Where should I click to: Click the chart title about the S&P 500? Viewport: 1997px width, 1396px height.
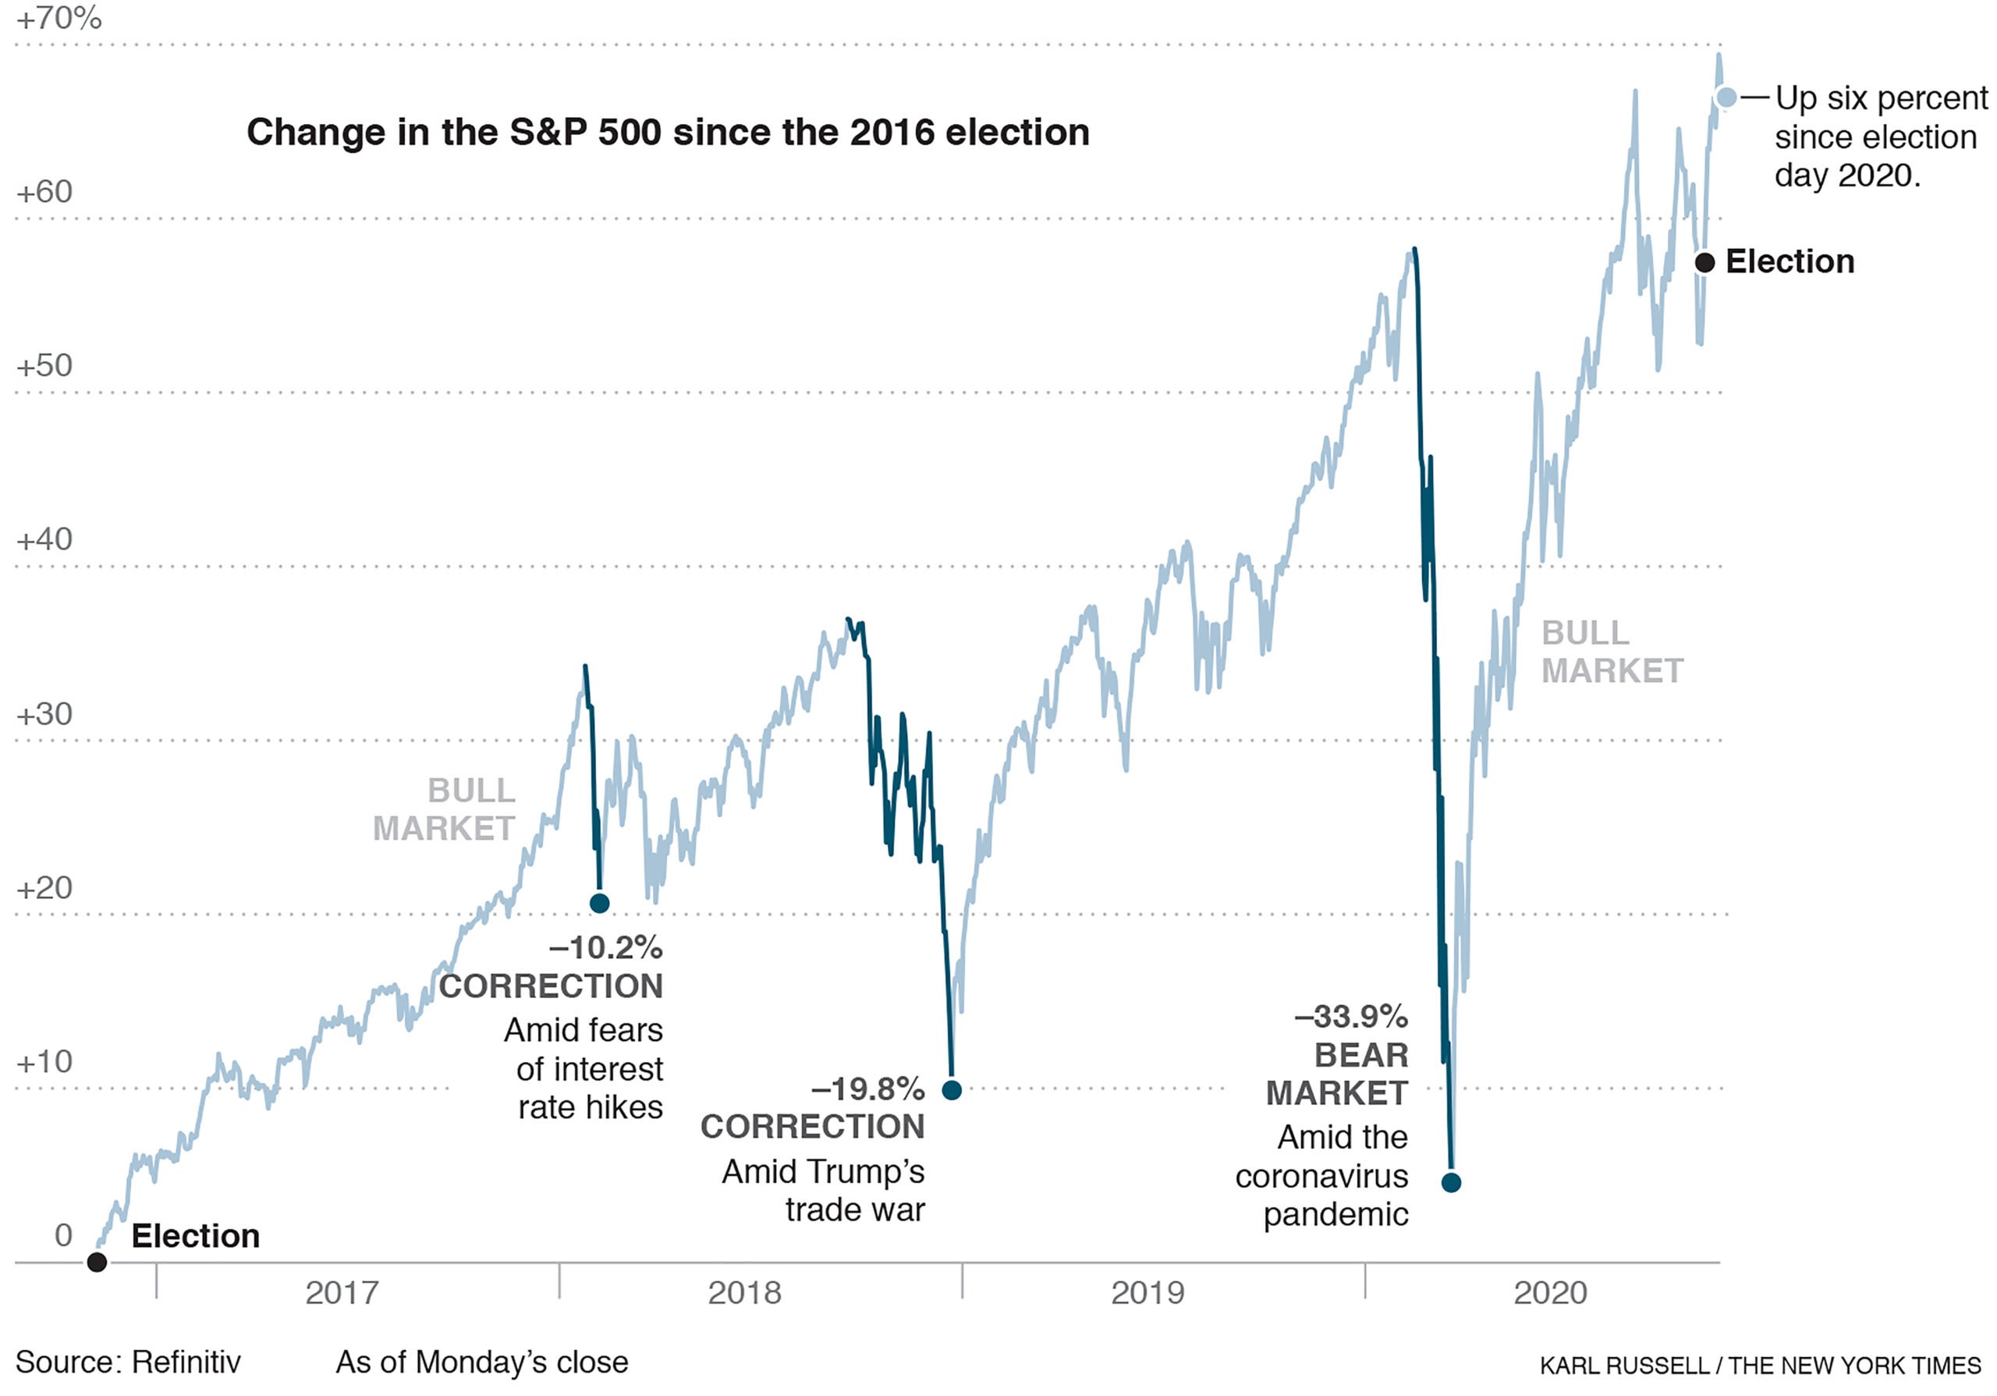(667, 132)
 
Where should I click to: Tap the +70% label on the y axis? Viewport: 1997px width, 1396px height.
(59, 18)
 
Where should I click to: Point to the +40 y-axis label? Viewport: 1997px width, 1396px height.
(44, 539)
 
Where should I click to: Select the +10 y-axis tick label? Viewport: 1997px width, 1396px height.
(44, 1061)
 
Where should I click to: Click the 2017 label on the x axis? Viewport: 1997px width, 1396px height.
(342, 1292)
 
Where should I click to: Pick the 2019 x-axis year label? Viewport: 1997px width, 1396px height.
(1147, 1292)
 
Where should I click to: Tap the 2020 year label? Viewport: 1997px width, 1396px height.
(1550, 1292)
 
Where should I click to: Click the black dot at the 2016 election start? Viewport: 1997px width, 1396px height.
(98, 1262)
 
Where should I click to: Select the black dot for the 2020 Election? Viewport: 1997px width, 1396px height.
(1704, 262)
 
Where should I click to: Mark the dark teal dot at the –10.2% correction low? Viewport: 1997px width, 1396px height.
(599, 903)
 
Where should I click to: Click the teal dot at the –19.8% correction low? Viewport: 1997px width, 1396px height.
(952, 1090)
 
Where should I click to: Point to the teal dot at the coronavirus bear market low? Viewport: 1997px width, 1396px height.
(1451, 1182)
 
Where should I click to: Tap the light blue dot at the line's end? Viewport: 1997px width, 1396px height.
(1726, 98)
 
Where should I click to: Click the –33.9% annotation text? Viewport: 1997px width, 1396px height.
(1351, 1016)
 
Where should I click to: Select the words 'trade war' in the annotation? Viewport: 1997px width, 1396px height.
(854, 1210)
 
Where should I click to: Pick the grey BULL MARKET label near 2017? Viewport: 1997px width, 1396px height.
(445, 809)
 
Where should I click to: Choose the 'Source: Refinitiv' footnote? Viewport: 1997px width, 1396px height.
(128, 1362)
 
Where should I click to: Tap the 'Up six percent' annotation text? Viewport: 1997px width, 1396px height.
(1881, 98)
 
